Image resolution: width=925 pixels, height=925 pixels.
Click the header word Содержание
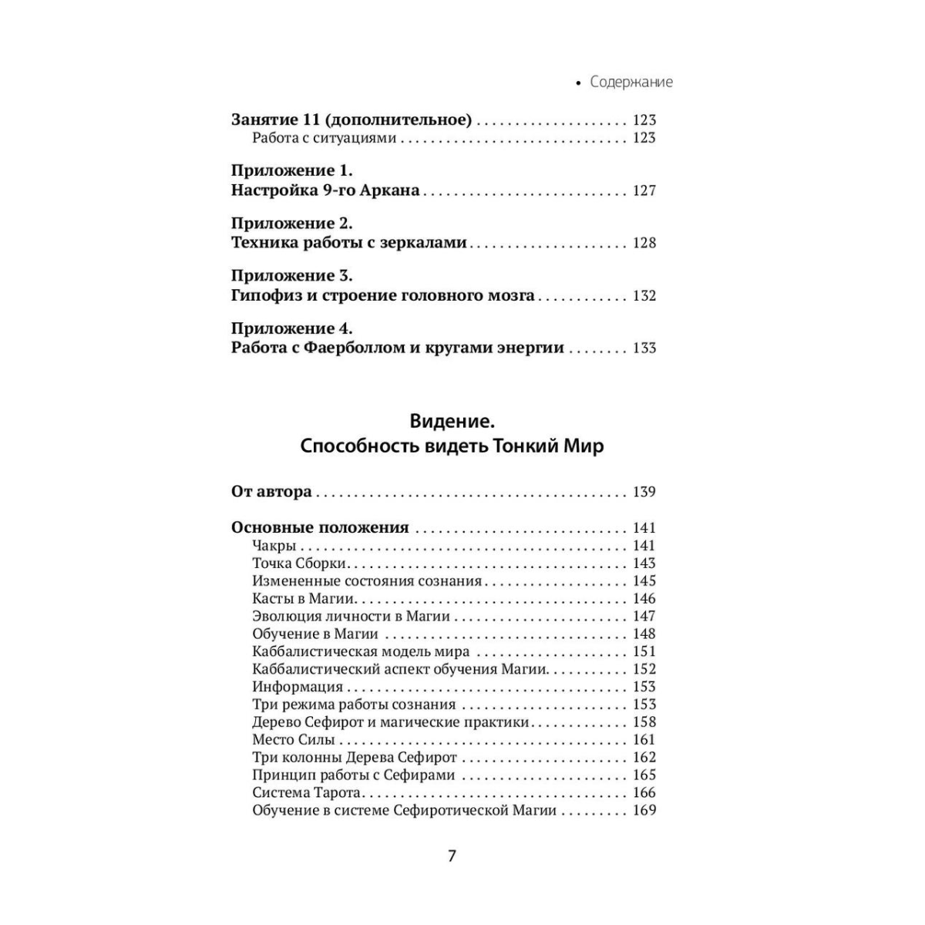631,82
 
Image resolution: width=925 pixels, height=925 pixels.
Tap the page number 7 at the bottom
452,856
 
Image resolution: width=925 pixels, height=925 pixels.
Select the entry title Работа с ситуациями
324,138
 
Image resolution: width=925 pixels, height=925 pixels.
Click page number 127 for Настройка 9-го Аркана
644,190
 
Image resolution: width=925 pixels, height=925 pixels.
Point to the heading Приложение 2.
291,224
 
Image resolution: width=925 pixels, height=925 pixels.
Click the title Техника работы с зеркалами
348,243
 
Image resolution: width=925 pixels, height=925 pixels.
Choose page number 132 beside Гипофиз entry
644,295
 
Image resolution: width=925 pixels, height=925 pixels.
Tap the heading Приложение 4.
291,328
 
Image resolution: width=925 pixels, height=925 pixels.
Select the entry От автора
271,492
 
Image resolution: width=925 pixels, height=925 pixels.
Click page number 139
644,492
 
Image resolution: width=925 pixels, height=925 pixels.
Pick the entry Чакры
274,546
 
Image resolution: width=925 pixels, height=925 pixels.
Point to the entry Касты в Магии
303,599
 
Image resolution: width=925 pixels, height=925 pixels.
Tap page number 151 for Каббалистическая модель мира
644,651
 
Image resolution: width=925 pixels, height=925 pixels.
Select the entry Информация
298,687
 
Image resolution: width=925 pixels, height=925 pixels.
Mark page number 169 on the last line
644,810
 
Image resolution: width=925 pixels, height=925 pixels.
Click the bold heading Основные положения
320,528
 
